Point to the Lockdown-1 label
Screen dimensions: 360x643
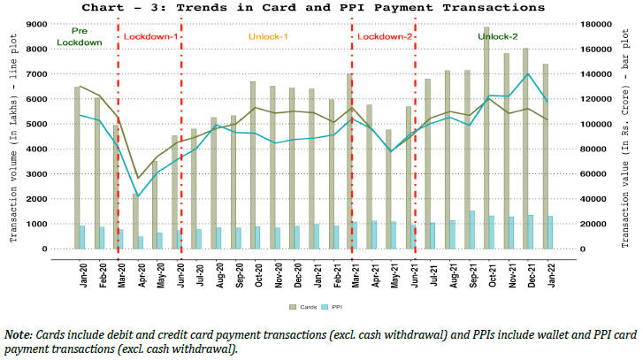(x=148, y=37)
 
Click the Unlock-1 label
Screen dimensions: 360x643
(x=266, y=37)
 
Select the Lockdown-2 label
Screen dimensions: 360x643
(x=384, y=37)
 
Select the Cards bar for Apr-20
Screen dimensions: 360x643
(x=136, y=221)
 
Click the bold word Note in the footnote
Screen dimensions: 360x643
(x=17, y=335)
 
